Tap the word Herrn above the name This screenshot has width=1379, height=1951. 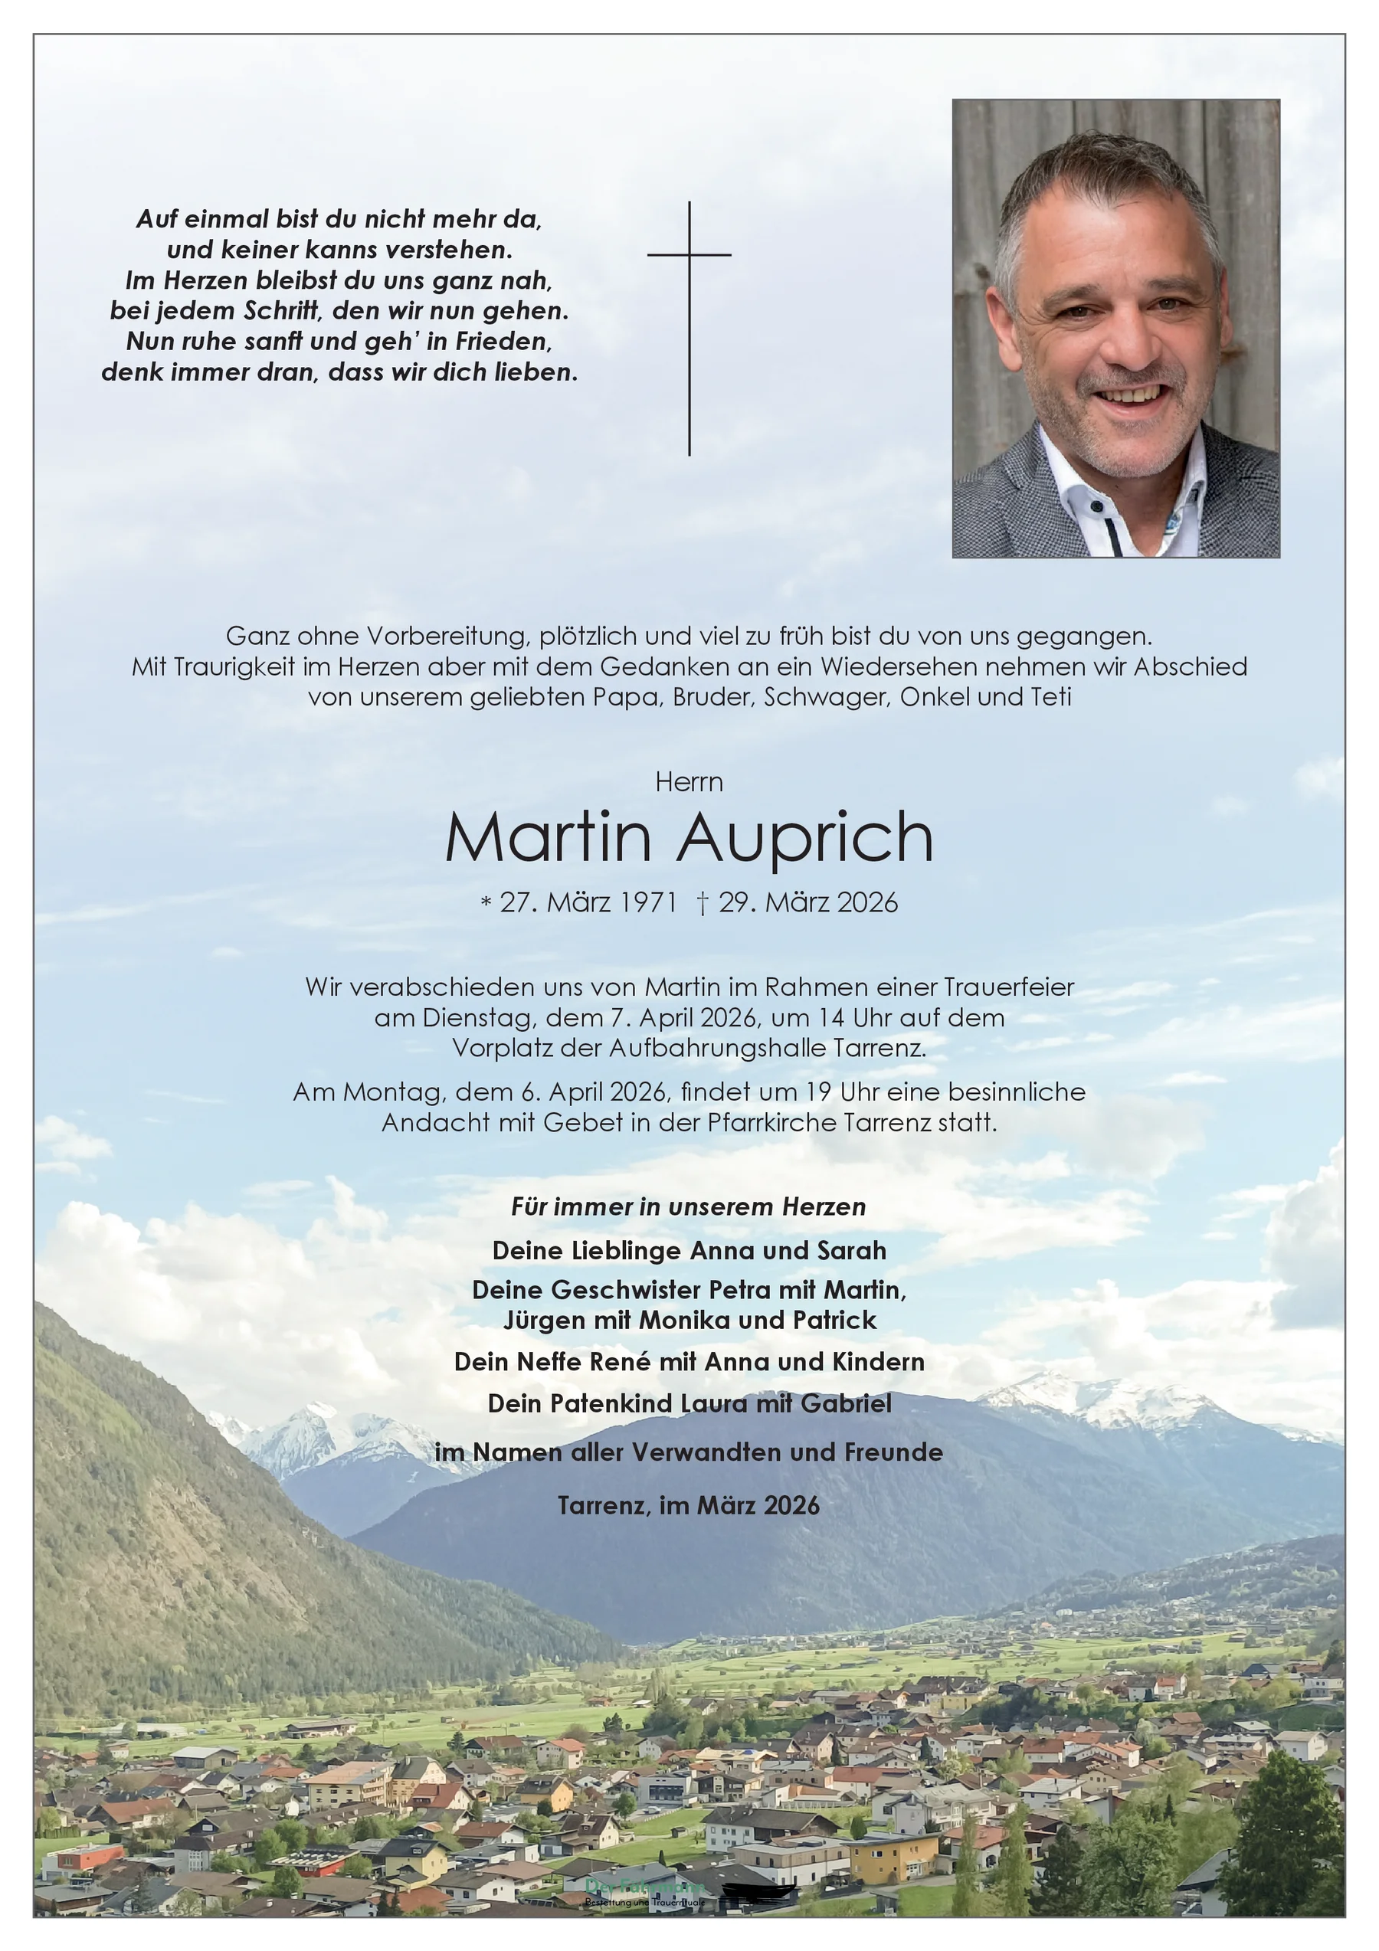click(x=689, y=782)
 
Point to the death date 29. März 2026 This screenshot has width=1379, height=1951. click(x=807, y=902)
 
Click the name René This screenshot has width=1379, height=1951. click(x=621, y=1362)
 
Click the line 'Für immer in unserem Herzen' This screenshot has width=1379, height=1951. click(x=689, y=1206)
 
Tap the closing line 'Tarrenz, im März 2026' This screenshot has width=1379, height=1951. click(x=689, y=1506)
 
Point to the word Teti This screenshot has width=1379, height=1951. click(x=1051, y=697)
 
